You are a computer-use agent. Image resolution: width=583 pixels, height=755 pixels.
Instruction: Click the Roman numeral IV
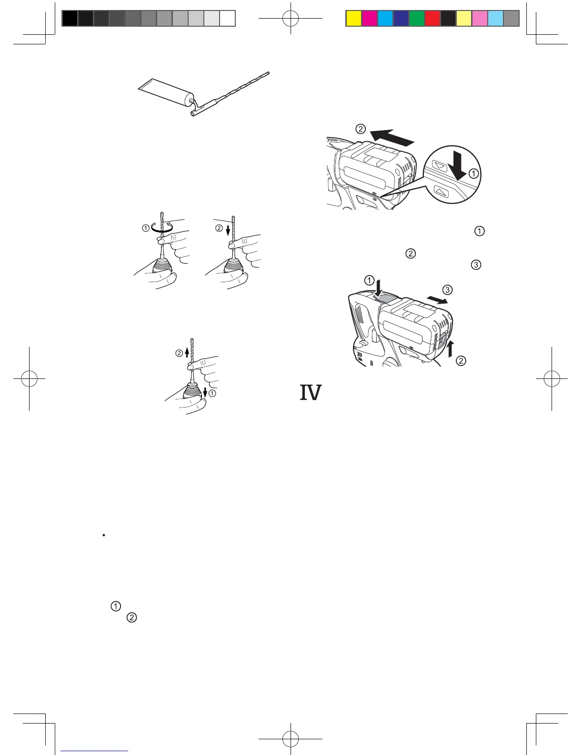point(311,393)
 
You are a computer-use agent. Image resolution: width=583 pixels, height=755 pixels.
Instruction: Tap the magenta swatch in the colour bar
point(369,18)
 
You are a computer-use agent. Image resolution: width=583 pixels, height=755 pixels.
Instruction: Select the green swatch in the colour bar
point(416,18)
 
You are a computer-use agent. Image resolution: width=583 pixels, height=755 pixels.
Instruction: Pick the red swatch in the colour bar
point(432,18)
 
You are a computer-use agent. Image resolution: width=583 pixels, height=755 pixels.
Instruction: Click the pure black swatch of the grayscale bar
point(70,18)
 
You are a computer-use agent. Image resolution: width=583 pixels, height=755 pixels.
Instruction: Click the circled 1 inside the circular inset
point(473,174)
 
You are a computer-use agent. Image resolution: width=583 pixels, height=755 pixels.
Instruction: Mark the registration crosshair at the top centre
point(291,18)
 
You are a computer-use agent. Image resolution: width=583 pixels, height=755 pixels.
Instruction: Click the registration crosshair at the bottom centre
point(291,738)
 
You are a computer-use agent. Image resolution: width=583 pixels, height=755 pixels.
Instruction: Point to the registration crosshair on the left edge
point(29,379)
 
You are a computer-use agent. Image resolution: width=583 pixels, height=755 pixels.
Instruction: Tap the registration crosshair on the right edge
point(552,379)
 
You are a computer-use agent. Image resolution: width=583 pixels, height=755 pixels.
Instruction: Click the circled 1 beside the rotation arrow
point(145,228)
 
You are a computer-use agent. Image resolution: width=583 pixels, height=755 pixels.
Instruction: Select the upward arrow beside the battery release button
point(451,349)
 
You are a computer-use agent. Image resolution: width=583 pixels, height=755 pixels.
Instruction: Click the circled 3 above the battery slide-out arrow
point(447,290)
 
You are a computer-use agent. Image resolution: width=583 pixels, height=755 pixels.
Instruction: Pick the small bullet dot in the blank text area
point(103,535)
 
